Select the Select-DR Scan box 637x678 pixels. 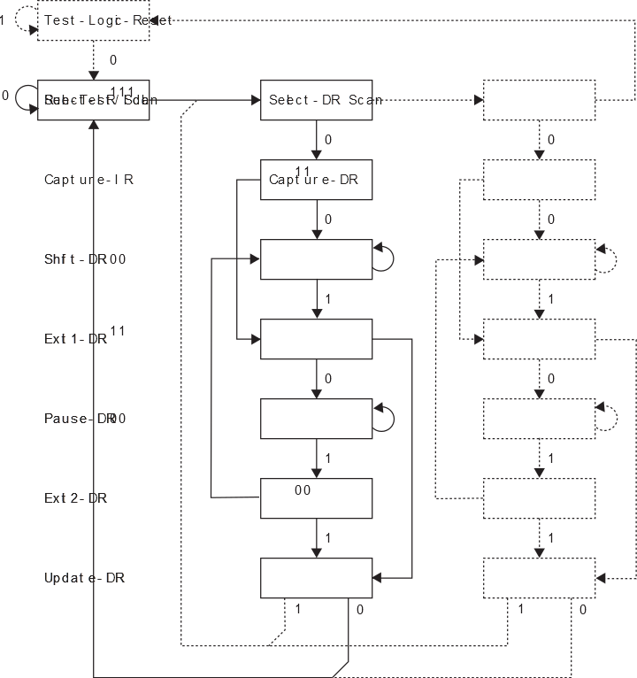316,100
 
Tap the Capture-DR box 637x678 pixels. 316,180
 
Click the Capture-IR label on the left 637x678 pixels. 88,180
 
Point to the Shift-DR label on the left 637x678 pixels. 84,259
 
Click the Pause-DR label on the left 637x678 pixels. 84,418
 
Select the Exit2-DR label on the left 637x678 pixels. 76,497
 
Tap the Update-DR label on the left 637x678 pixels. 84,578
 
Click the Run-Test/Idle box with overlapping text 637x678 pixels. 93,100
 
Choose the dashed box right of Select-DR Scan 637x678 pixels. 539,100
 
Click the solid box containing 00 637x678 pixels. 316,498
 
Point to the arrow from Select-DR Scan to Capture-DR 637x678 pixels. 316,139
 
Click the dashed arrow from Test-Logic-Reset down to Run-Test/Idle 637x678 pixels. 93,60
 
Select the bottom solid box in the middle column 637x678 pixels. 316,578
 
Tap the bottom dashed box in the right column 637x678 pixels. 539,578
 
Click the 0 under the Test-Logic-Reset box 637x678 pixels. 112,60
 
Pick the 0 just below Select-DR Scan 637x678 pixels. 328,140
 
